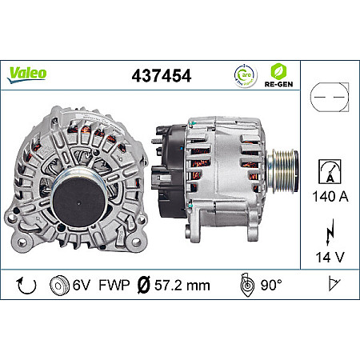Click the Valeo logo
coord(28,74)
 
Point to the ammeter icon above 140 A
coord(329,170)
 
